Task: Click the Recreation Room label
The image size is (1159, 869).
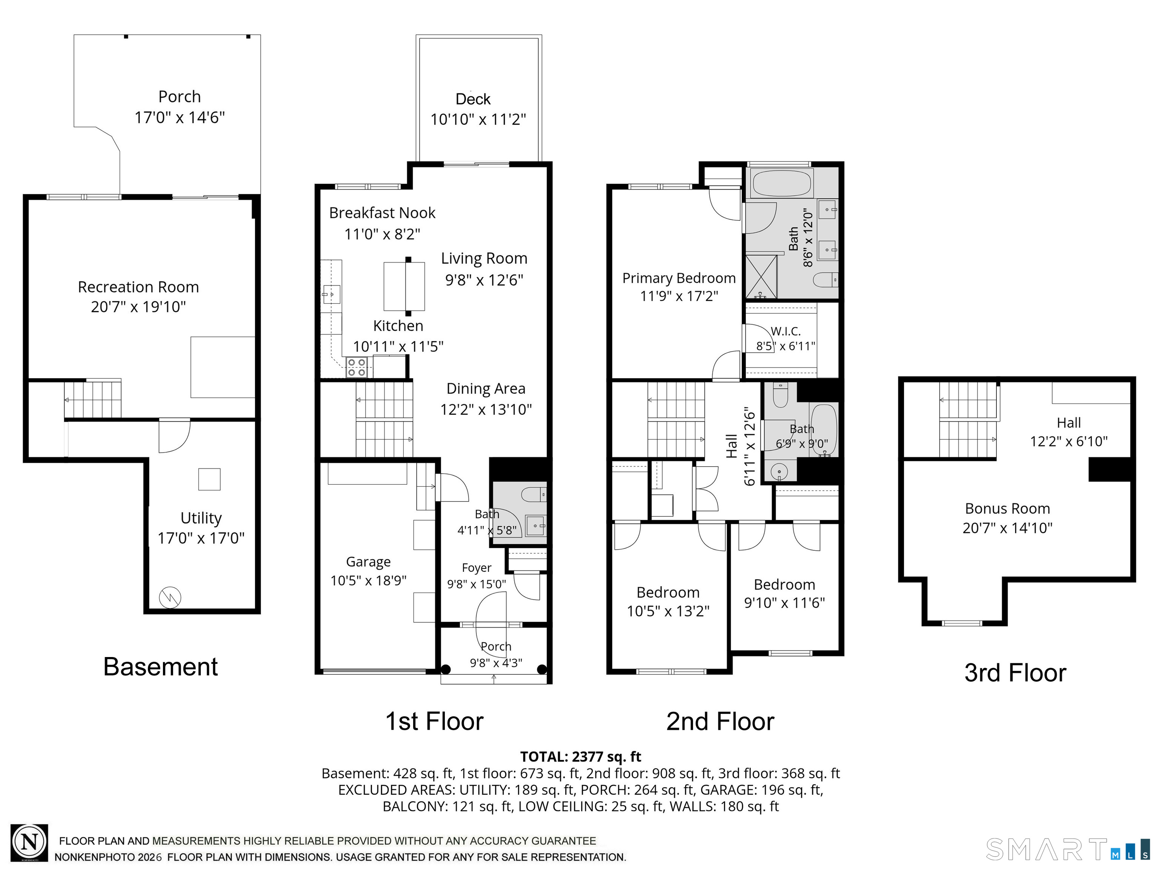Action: tap(138, 287)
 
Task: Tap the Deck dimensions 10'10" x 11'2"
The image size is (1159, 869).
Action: tap(478, 120)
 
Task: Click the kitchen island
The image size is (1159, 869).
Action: tap(404, 287)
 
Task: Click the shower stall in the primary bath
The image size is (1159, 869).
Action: tap(761, 276)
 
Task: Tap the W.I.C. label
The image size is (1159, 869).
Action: tap(786, 331)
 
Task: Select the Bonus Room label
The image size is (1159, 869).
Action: tap(1007, 509)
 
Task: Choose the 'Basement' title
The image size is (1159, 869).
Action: tap(160, 667)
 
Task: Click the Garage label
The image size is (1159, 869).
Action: tap(368, 562)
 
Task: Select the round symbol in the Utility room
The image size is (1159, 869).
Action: tap(170, 597)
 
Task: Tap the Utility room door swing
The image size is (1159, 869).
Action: tap(174, 436)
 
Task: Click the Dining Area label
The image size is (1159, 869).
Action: tap(486, 388)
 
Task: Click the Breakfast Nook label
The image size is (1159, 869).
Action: tap(382, 213)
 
